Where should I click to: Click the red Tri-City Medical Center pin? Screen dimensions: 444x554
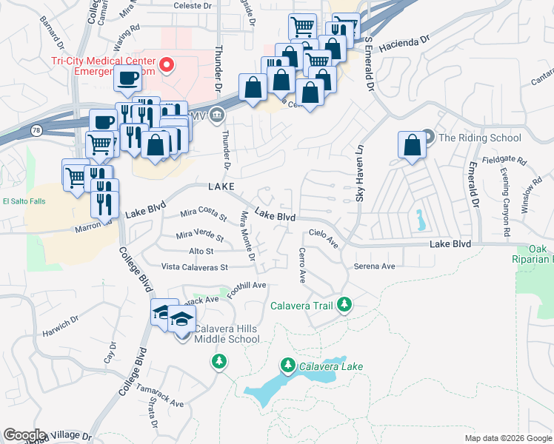pyautogui.click(x=167, y=65)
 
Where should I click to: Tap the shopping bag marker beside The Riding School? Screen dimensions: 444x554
pyautogui.click(x=413, y=146)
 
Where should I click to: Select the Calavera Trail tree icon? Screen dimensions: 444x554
pyautogui.click(x=344, y=304)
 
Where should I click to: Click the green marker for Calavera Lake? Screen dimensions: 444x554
pyautogui.click(x=288, y=365)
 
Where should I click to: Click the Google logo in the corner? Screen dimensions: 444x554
pyautogui.click(x=24, y=435)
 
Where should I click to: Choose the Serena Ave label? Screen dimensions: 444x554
pyautogui.click(x=374, y=266)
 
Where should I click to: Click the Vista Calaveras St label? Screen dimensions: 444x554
pyautogui.click(x=195, y=266)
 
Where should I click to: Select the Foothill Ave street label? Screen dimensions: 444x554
pyautogui.click(x=247, y=289)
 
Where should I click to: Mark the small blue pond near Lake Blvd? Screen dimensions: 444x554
pyautogui.click(x=421, y=219)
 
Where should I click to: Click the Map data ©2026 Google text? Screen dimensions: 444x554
pyautogui.click(x=507, y=438)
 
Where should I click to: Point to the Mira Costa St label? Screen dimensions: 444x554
pyautogui.click(x=204, y=215)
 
